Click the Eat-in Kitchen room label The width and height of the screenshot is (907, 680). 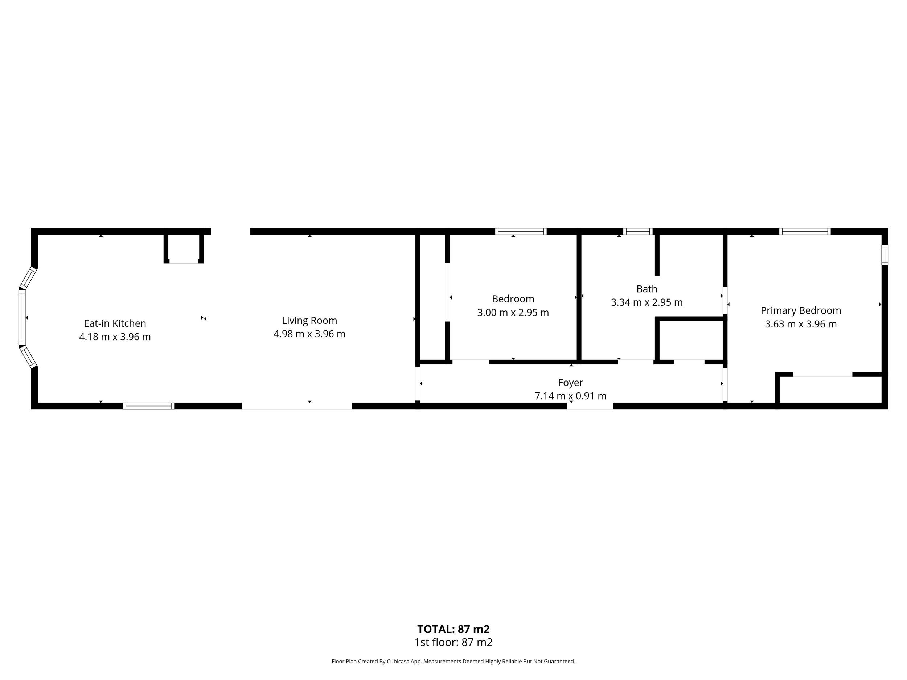click(115, 323)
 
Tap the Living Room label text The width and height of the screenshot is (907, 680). click(309, 321)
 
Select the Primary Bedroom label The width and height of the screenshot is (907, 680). click(801, 311)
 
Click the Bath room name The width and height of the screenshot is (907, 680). click(647, 289)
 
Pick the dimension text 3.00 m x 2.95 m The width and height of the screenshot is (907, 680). click(513, 313)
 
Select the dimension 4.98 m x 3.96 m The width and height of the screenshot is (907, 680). click(309, 334)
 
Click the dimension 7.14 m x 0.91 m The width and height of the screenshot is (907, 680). click(570, 396)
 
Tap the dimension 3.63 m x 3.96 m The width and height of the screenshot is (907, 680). click(801, 324)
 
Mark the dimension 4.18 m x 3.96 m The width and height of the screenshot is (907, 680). click(115, 337)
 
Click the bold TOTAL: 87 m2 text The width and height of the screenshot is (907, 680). click(453, 629)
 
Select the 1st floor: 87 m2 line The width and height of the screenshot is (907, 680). click(453, 642)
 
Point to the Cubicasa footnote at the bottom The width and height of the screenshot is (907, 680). click(453, 661)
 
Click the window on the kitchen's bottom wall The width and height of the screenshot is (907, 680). click(148, 406)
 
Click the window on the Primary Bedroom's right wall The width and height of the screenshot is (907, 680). click(885, 255)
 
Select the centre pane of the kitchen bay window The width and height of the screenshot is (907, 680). click(22, 318)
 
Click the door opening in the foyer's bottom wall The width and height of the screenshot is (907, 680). click(590, 406)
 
